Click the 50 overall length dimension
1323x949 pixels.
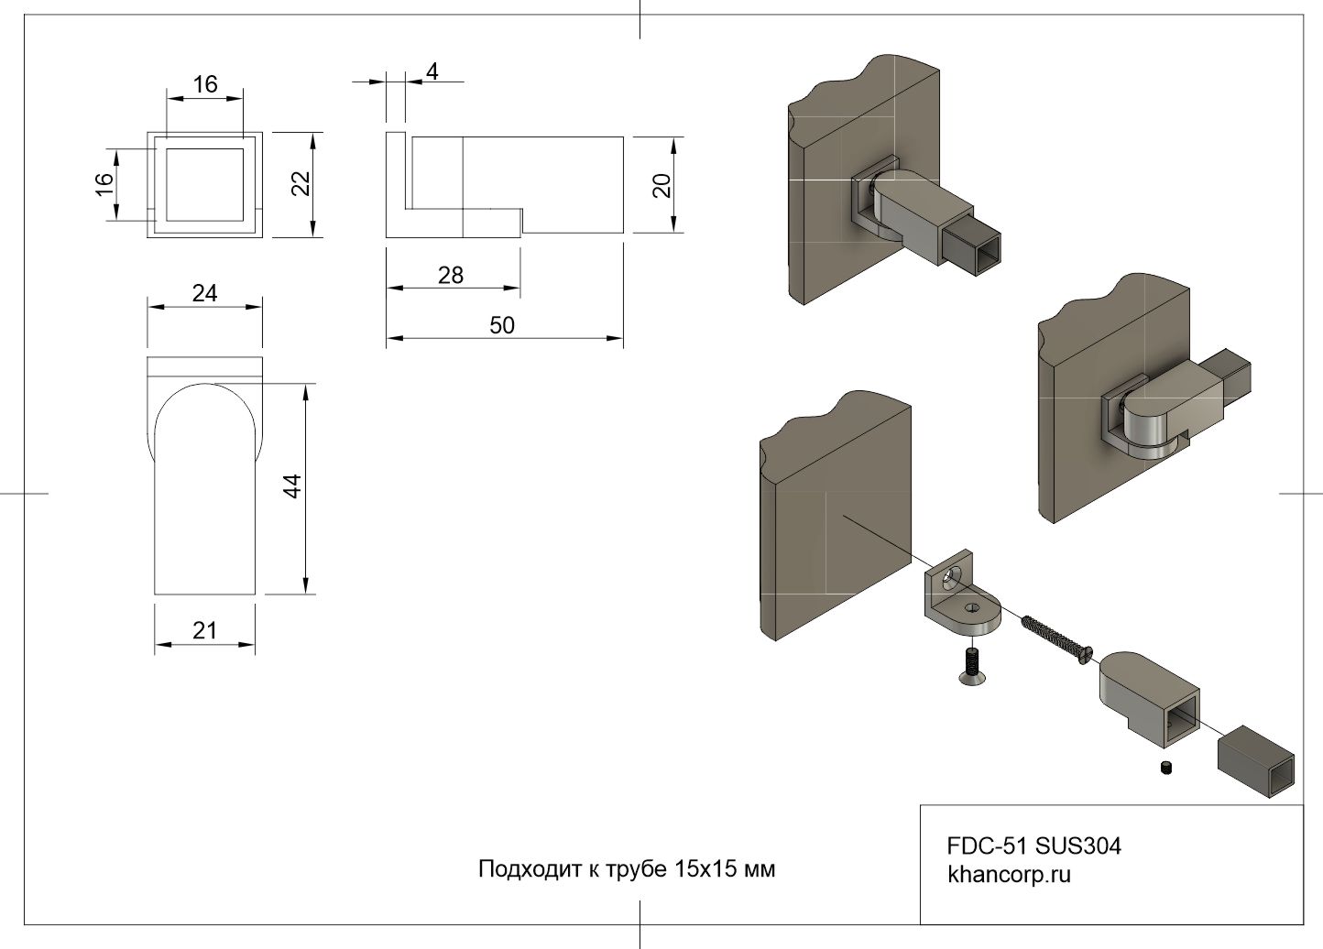pyautogui.click(x=502, y=325)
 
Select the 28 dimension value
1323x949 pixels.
pyautogui.click(x=451, y=275)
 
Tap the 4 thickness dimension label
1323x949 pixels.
pyautogui.click(x=432, y=71)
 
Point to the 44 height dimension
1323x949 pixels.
pyautogui.click(x=292, y=485)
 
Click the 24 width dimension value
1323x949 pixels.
pyautogui.click(x=204, y=293)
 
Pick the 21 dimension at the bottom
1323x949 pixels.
pyautogui.click(x=204, y=630)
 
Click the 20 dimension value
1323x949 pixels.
pyautogui.click(x=662, y=185)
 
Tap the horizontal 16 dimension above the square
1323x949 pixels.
pyautogui.click(x=205, y=84)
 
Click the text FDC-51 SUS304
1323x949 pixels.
pyautogui.click(x=1033, y=845)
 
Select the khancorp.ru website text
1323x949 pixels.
pyautogui.click(x=1009, y=875)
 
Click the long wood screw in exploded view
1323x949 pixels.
pyautogui.click(x=1054, y=633)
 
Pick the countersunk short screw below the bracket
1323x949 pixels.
pyautogui.click(x=970, y=666)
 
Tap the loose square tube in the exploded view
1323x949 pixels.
pyautogui.click(x=1257, y=758)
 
